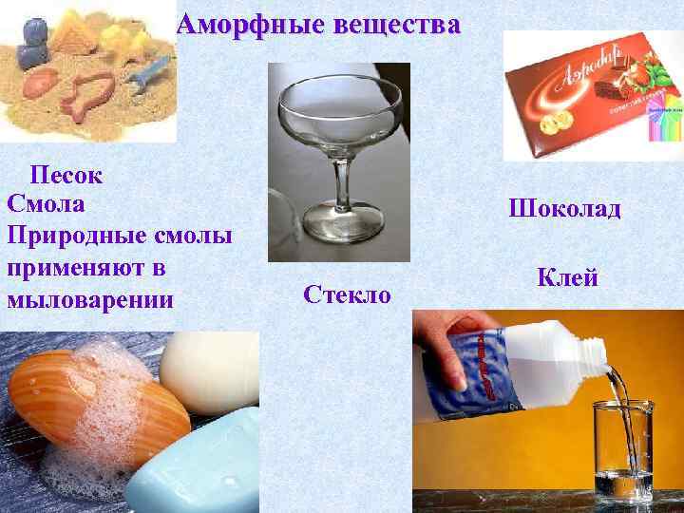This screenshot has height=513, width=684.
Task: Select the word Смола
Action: (x=46, y=203)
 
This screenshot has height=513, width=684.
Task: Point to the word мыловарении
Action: (x=90, y=300)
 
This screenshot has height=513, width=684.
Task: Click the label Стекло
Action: (x=347, y=294)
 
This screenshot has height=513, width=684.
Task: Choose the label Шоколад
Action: (x=564, y=207)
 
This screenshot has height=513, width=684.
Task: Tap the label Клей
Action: (x=567, y=277)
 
